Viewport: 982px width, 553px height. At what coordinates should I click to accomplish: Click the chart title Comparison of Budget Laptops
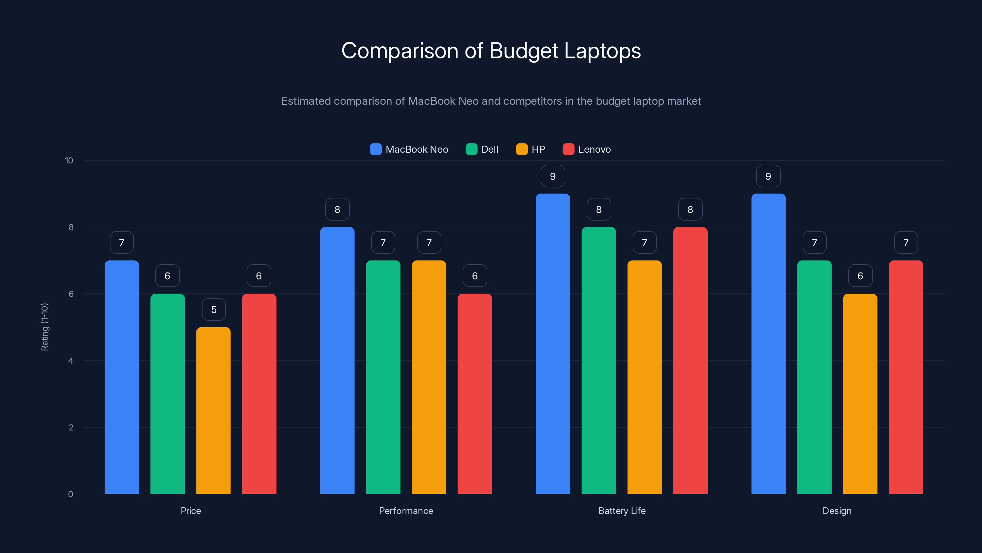[x=491, y=51]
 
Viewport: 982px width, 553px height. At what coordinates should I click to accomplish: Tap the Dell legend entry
[x=482, y=149]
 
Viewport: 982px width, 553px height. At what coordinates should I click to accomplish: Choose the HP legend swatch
[x=521, y=149]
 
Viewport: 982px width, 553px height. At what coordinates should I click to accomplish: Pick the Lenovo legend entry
[x=587, y=149]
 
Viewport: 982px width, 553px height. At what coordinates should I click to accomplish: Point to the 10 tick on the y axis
[x=69, y=160]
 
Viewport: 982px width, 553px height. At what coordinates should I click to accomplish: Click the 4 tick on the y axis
[x=71, y=361]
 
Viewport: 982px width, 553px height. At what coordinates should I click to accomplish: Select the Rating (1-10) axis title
[x=44, y=327]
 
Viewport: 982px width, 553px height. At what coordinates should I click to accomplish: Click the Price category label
[x=191, y=511]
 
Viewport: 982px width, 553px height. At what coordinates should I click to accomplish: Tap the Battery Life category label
[x=622, y=511]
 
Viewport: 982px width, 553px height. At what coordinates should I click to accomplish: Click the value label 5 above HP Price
[x=214, y=309]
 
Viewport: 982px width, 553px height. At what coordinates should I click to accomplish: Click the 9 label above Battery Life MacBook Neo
[x=553, y=176]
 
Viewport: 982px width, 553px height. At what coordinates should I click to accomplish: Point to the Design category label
[x=837, y=511]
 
